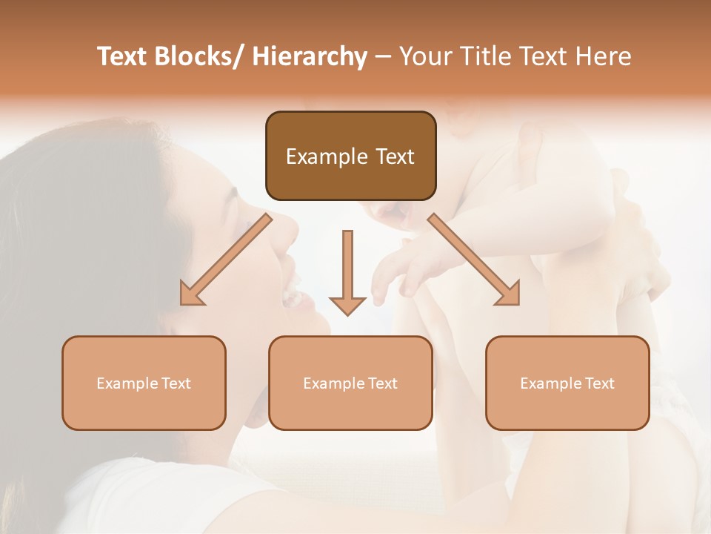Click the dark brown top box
[350, 156]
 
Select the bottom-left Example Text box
[144, 383]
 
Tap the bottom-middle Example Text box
[350, 383]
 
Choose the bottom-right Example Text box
[567, 383]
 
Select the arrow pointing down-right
[474, 260]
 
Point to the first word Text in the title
[123, 56]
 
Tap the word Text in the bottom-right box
[599, 383]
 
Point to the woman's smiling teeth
[293, 299]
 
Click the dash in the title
[383, 57]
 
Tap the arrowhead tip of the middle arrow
[347, 314]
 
